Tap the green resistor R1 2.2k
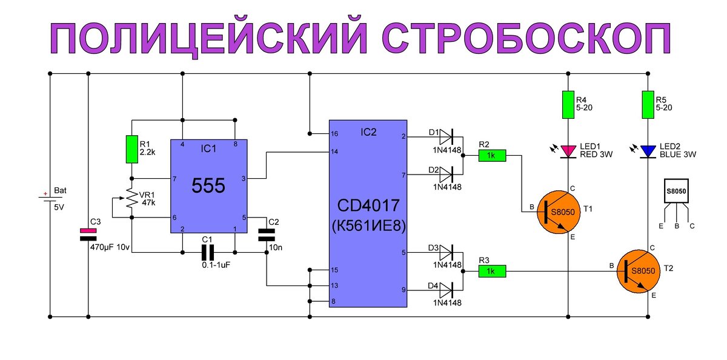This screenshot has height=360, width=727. click(x=131, y=150)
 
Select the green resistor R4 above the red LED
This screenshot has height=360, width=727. click(x=568, y=104)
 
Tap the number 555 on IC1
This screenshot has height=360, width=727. click(x=208, y=186)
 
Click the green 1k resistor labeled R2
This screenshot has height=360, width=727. click(x=491, y=156)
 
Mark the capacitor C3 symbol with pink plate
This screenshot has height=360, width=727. click(x=88, y=235)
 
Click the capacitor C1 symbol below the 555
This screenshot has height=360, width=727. click(x=208, y=252)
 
